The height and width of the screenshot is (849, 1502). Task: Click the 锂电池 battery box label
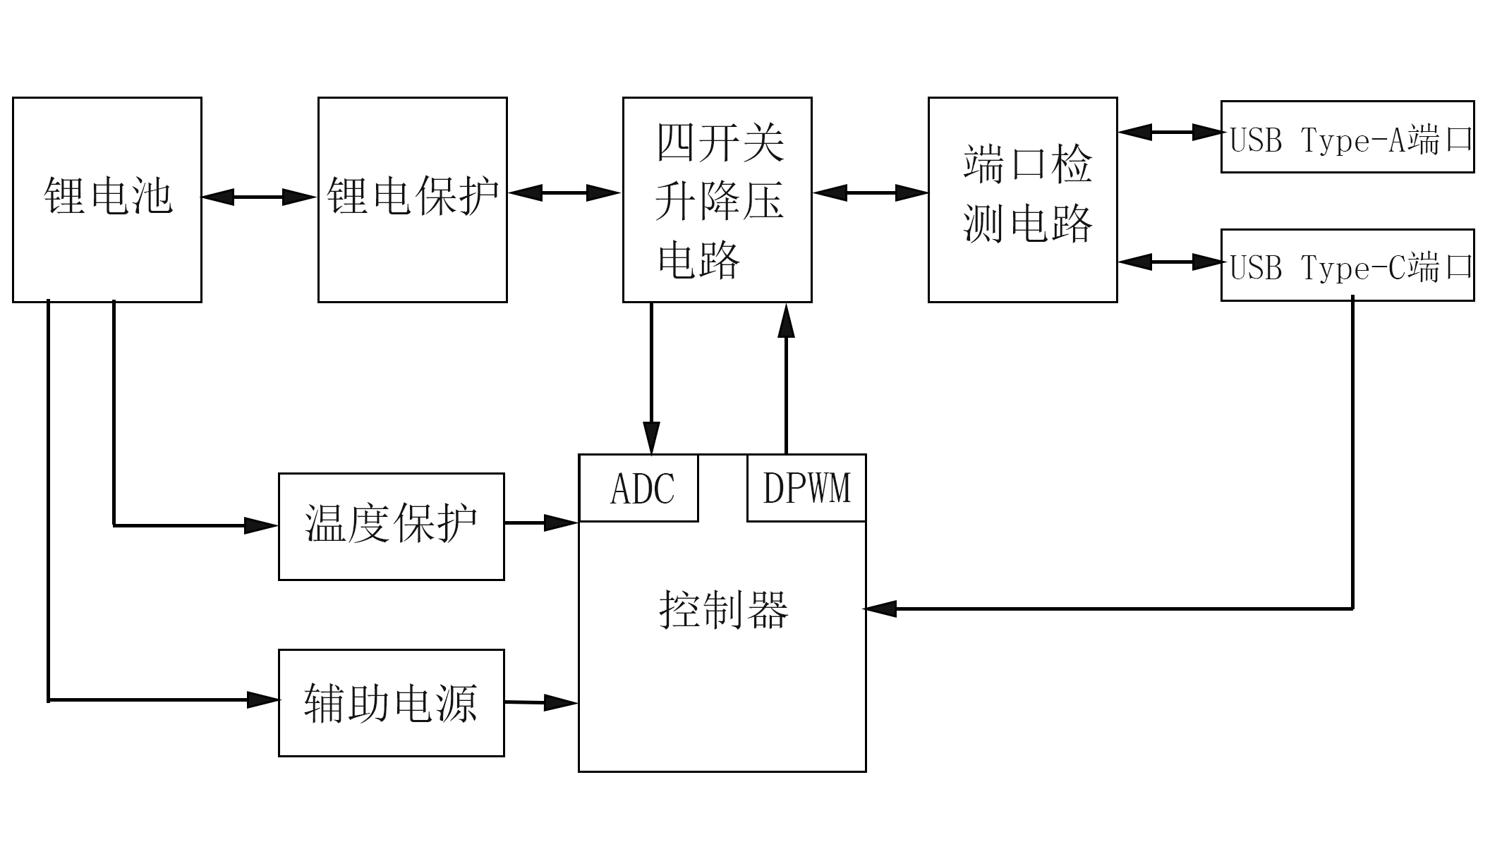pyautogui.click(x=108, y=196)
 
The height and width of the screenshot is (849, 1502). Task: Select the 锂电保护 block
pyautogui.click(x=413, y=196)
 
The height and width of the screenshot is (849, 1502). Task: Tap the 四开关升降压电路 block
pyautogui.click(x=717, y=200)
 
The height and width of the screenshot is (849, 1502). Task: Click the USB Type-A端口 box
pyautogui.click(x=1347, y=137)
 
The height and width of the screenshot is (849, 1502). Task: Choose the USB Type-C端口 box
pyautogui.click(x=1347, y=265)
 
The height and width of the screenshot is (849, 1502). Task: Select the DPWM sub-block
pyautogui.click(x=806, y=489)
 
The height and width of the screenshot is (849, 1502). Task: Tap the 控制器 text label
pyautogui.click(x=722, y=609)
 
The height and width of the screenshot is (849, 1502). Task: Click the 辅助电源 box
pyautogui.click(x=392, y=703)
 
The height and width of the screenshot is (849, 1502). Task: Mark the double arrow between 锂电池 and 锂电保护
pyautogui.click(x=259, y=197)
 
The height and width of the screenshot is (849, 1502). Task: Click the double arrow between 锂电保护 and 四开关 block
pyautogui.click(x=564, y=193)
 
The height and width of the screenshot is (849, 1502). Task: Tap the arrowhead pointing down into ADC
pyautogui.click(x=651, y=437)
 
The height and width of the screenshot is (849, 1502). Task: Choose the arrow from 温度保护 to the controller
pyautogui.click(x=542, y=523)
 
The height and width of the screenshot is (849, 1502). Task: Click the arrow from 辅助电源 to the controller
pyautogui.click(x=542, y=702)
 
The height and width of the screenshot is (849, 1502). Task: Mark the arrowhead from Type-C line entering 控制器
pyautogui.click(x=880, y=609)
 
